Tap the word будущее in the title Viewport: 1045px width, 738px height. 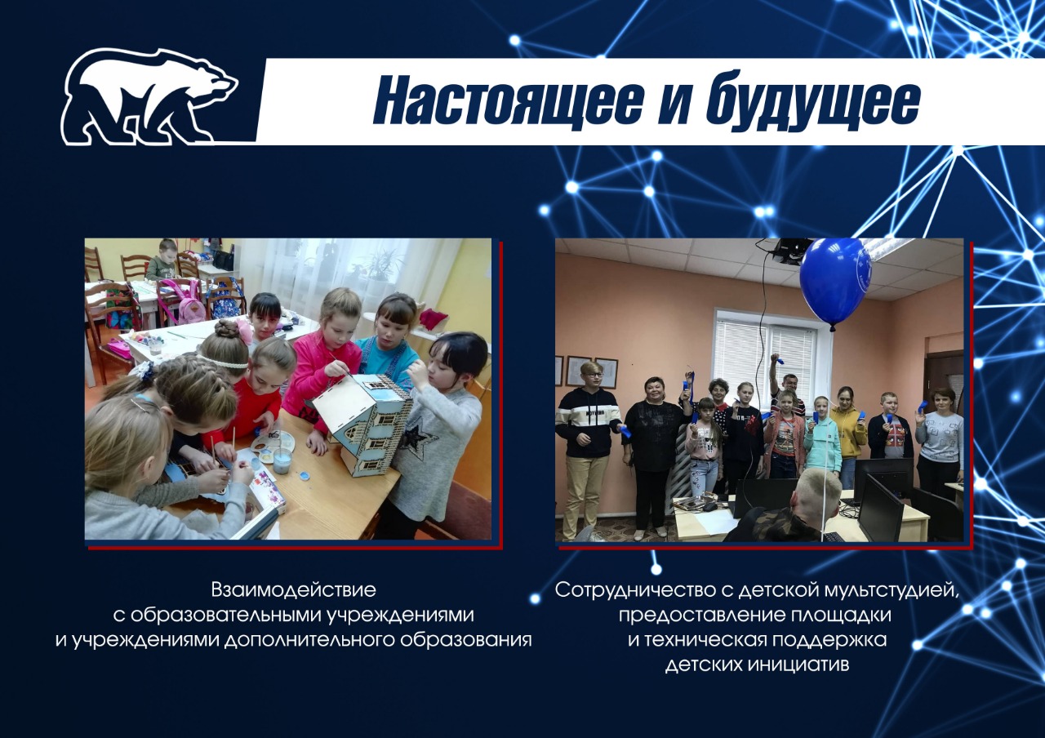(x=812, y=100)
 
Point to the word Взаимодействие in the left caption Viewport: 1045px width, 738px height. (x=293, y=590)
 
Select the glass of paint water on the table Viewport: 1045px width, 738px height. (x=282, y=460)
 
